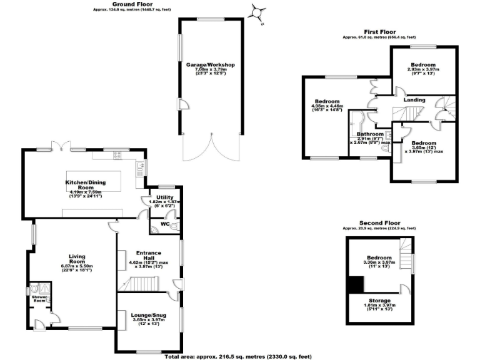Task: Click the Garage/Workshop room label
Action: click(x=209, y=64)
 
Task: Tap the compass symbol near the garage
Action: click(x=257, y=12)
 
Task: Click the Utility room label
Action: click(x=166, y=197)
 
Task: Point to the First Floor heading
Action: click(x=381, y=31)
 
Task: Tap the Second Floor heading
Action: click(x=379, y=222)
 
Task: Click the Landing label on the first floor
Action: click(x=414, y=100)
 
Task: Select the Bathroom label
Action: click(x=369, y=134)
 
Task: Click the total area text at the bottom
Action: click(x=237, y=356)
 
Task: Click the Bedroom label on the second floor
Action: click(x=379, y=258)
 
